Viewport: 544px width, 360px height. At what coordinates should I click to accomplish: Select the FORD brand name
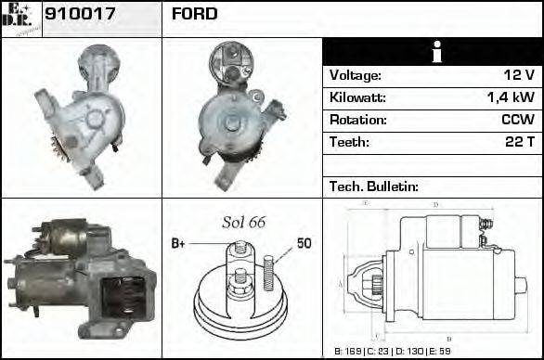(194, 14)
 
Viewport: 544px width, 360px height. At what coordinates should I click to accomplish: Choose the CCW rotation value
(516, 121)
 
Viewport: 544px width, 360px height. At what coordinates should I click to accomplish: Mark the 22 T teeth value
(517, 143)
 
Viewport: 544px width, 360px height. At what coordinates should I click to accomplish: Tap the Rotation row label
(356, 121)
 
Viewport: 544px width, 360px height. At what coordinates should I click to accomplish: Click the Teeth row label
(349, 143)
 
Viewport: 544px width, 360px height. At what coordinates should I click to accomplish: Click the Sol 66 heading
(244, 223)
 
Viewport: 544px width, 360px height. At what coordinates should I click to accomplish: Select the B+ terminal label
(179, 244)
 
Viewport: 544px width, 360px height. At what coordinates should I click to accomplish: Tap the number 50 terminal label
(304, 244)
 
